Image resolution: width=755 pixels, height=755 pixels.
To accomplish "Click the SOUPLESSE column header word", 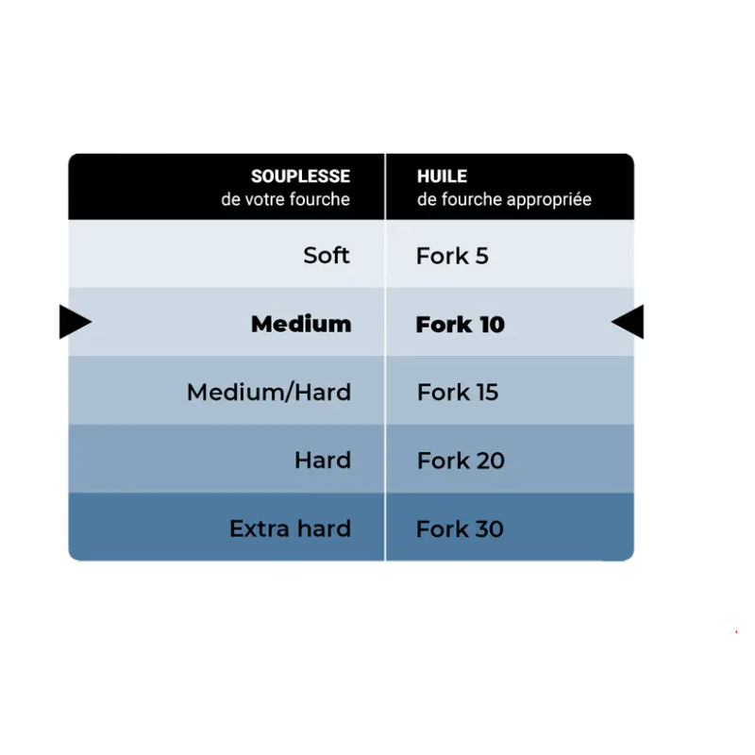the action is click(300, 176).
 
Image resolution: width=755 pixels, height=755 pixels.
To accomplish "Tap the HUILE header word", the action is click(442, 176).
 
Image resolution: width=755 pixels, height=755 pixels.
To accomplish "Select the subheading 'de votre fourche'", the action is click(286, 199).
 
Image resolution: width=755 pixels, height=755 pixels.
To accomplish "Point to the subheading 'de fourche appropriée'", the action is click(504, 200).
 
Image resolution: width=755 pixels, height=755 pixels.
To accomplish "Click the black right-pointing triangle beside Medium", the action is click(74, 322).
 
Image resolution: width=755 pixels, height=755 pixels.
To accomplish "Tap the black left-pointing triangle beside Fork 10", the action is click(629, 322).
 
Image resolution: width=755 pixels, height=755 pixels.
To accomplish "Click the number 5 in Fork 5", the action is click(482, 256).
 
